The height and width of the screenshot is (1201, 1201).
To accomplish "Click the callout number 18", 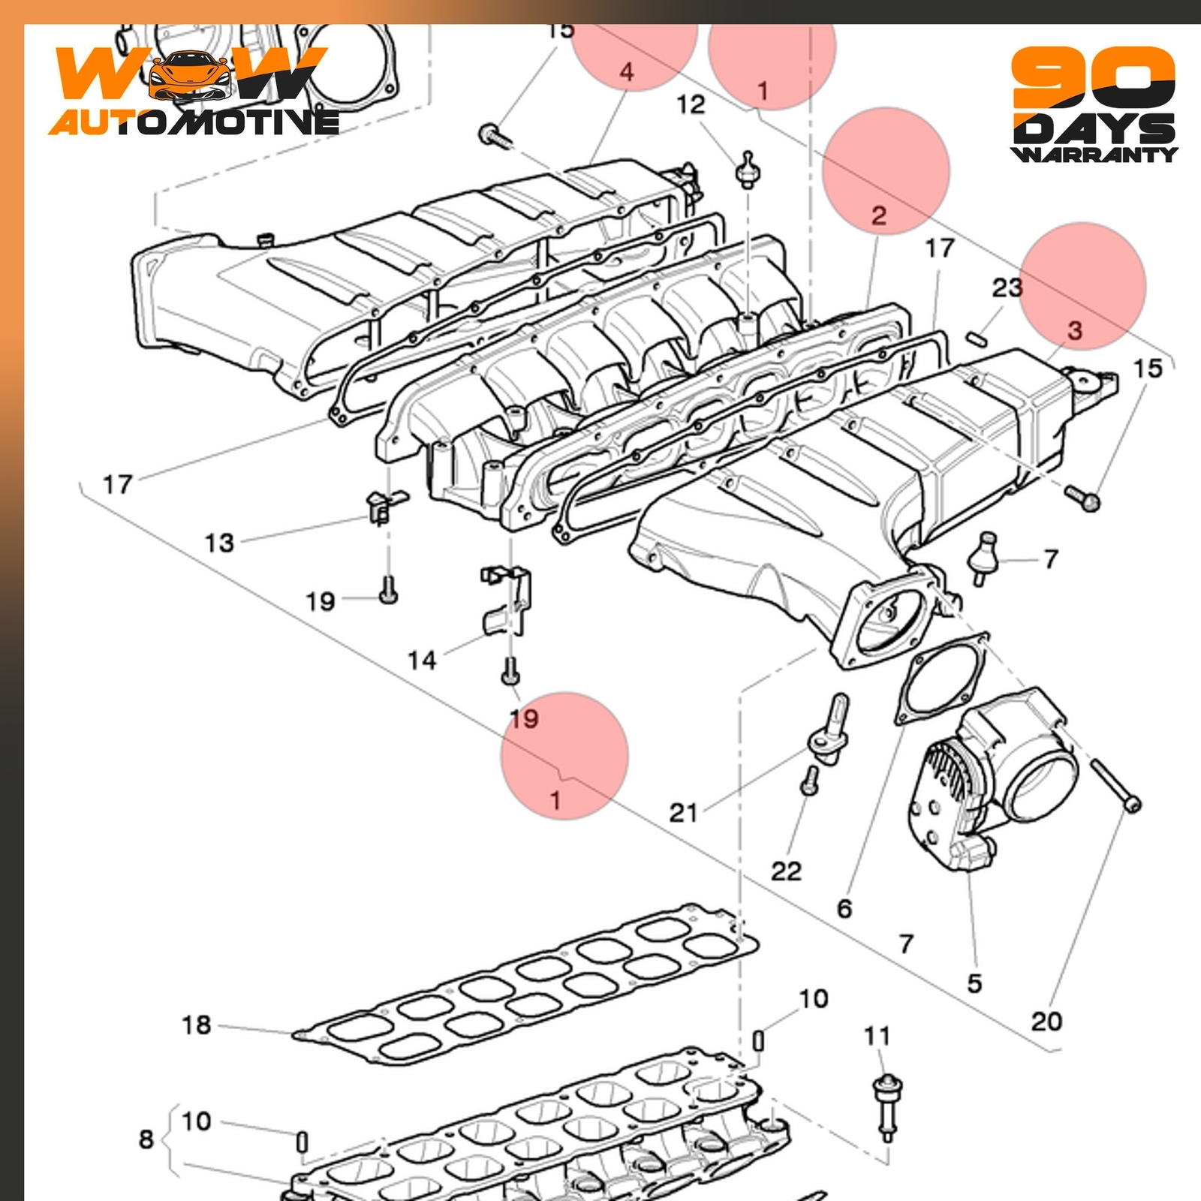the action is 197,1025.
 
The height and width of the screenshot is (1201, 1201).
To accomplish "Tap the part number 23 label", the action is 1007,287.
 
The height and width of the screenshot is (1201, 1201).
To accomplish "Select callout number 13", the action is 219,543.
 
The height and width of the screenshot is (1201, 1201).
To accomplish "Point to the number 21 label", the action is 683,812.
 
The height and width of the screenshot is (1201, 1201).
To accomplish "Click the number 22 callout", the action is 786,871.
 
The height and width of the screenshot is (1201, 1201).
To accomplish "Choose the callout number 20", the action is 1046,1021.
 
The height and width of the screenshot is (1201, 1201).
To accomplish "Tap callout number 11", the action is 877,1036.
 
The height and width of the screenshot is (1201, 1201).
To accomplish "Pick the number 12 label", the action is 691,104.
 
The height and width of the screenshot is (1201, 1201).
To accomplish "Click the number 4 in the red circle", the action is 627,72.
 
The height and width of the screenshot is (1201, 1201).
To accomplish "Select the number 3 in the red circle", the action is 1075,330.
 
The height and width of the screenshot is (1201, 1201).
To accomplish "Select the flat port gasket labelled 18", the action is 525,983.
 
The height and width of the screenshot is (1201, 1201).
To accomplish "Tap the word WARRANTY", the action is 1094,154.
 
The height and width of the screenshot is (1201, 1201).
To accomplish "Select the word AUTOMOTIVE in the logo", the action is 194,122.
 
